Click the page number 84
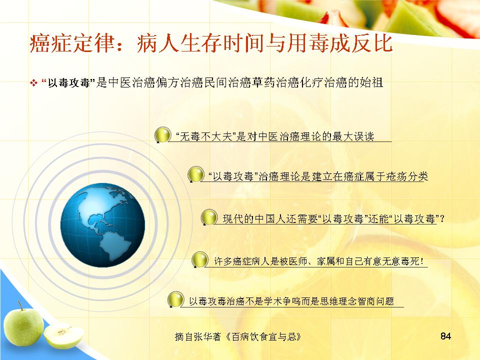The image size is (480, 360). [x=445, y=336]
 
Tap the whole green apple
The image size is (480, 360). [x=23, y=327]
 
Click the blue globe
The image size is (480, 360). [x=102, y=225]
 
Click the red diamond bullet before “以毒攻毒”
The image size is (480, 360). [x=33, y=82]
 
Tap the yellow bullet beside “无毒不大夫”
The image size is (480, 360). [x=162, y=135]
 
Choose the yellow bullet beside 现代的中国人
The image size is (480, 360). [x=209, y=217]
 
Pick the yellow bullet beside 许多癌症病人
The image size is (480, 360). [x=199, y=260]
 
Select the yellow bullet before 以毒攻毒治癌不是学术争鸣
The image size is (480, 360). [x=175, y=299]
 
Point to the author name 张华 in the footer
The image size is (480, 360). [x=204, y=336]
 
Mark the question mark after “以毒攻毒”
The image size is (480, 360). [x=441, y=219]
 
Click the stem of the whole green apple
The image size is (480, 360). [x=20, y=305]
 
